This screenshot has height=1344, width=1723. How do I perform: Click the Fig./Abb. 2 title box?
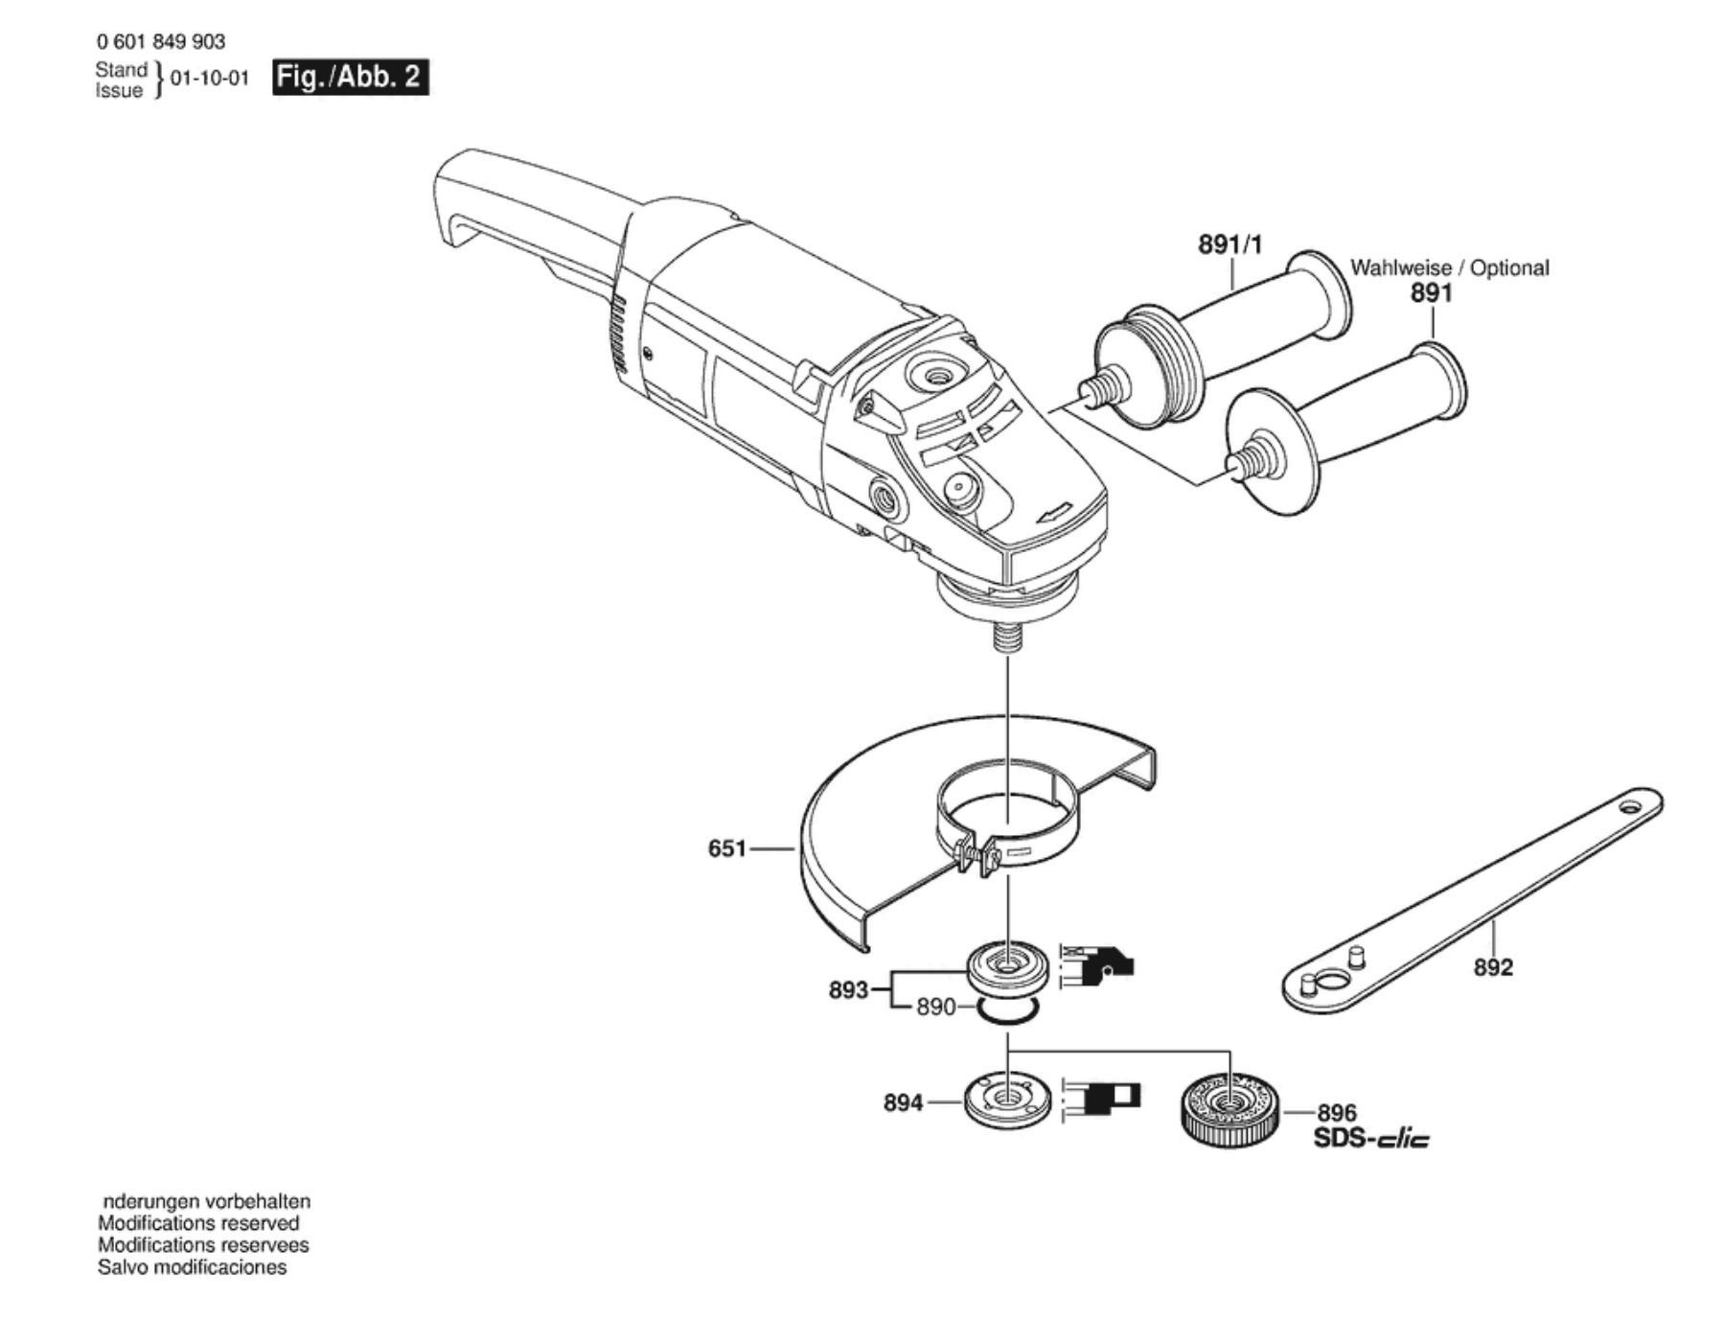tap(351, 77)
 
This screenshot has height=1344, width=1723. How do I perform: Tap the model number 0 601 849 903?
tap(161, 42)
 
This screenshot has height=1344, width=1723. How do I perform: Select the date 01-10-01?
tap(209, 79)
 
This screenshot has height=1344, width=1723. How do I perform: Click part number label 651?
tap(726, 848)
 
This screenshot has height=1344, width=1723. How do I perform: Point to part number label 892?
tap(1493, 967)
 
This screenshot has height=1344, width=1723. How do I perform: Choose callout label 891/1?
tap(1230, 244)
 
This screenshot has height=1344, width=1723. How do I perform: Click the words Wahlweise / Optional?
tap(1449, 267)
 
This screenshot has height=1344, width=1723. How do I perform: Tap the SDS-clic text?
tap(1370, 1140)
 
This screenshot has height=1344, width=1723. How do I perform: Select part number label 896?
tap(1337, 1113)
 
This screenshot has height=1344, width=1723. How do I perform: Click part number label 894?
tap(903, 1103)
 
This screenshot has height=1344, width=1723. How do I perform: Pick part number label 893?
tap(848, 989)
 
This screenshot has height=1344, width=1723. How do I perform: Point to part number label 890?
tap(936, 1007)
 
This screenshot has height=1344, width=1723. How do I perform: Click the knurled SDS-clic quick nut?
tap(1229, 1110)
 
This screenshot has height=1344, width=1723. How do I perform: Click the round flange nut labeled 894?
tap(1006, 1100)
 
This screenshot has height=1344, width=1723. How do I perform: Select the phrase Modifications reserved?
tap(198, 1223)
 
